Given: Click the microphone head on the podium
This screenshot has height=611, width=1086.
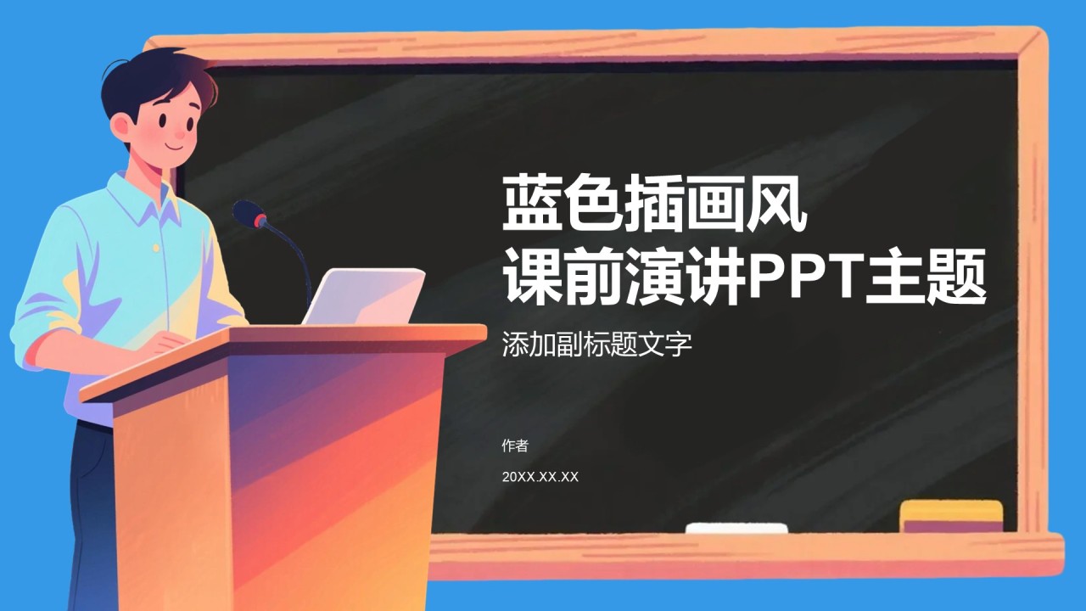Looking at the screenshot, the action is click(x=249, y=214).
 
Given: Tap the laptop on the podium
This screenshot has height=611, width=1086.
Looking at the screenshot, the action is click(x=364, y=297).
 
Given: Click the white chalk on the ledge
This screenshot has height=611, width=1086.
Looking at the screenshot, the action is click(x=736, y=528).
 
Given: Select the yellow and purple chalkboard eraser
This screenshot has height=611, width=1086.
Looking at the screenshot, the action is click(x=951, y=517).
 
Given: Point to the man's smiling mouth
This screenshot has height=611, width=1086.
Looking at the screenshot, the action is click(x=175, y=147).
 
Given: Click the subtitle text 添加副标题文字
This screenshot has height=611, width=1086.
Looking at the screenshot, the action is click(x=596, y=345).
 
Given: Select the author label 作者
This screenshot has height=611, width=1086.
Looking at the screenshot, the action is click(x=515, y=446).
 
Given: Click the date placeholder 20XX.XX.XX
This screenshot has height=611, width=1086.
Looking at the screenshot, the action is click(x=540, y=477).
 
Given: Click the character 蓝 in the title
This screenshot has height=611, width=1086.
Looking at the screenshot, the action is click(x=532, y=203).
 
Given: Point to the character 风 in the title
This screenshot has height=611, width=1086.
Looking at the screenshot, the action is click(x=777, y=203).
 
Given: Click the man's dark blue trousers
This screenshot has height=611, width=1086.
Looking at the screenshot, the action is click(x=93, y=514).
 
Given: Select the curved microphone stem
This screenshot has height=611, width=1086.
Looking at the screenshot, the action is click(x=291, y=257).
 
